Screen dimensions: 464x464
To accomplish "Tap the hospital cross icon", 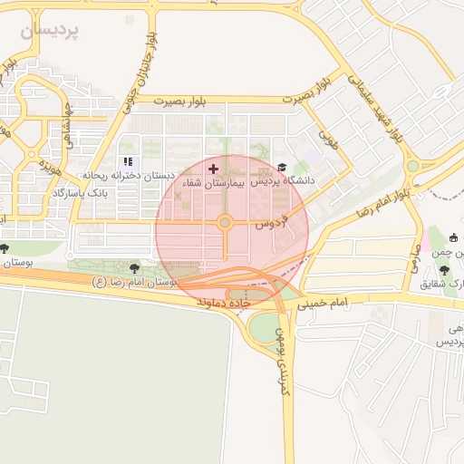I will pyautogui.click(x=213, y=169).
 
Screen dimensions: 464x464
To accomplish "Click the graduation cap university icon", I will pyautogui.click(x=282, y=168).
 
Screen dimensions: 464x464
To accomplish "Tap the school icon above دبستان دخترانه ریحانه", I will pyautogui.click(x=128, y=161).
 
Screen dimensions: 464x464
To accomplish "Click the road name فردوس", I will pyautogui.click(x=270, y=220).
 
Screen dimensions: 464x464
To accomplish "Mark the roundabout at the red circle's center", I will pyautogui.click(x=224, y=222).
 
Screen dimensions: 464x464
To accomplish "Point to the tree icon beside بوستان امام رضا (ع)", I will pyautogui.click(x=135, y=268).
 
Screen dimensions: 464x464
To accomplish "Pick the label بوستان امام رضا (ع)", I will pyautogui.click(x=135, y=283).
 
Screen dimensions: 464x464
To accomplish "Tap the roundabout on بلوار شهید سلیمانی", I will pyautogui.click(x=412, y=166).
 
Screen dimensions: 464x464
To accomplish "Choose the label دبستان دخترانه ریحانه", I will pyautogui.click(x=127, y=174).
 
